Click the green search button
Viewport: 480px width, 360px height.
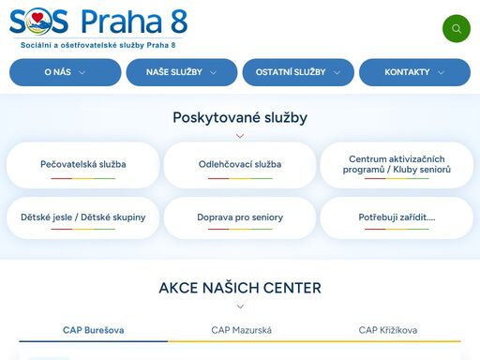tap(456, 28)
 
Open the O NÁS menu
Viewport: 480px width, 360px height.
tap(65, 72)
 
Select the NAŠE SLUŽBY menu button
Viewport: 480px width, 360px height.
tap(182, 72)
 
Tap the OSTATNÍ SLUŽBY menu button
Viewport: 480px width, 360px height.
tap(298, 72)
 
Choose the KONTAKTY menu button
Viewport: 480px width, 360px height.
tap(414, 72)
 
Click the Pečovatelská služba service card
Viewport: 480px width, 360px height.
tap(83, 164)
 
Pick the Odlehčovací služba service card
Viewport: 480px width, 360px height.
tap(240, 164)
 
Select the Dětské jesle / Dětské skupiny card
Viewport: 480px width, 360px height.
tap(83, 217)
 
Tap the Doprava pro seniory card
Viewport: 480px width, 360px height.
tap(240, 217)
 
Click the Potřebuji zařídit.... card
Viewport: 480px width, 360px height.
tap(397, 217)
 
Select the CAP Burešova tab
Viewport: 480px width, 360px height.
tap(94, 330)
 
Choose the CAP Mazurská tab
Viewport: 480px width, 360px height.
tap(240, 330)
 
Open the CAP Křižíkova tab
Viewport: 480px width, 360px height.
tap(387, 330)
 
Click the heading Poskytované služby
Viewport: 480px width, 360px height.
tap(240, 117)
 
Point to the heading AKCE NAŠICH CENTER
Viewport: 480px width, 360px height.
tap(240, 288)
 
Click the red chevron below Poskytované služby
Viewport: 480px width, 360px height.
tap(240, 136)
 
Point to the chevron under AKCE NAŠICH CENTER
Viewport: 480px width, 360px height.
tap(240, 307)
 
